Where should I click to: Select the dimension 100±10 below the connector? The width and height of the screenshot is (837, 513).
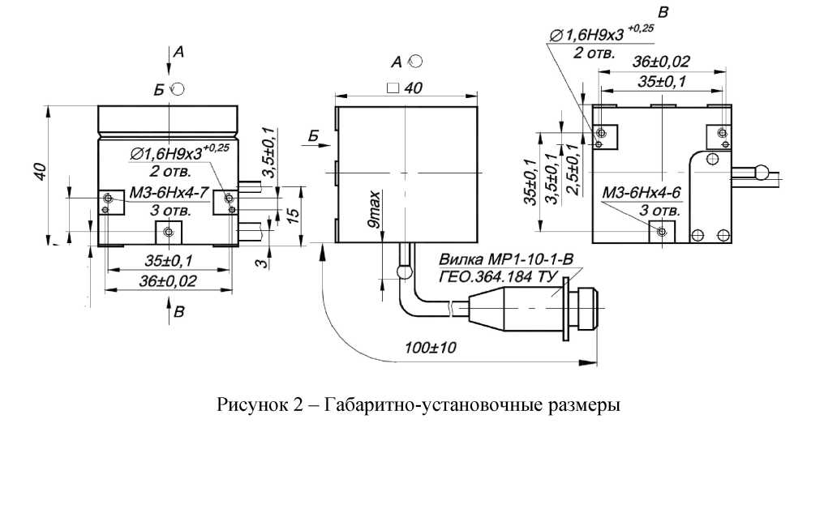pyautogui.click(x=430, y=348)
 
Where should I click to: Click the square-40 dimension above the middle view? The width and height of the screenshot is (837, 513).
pyautogui.click(x=406, y=89)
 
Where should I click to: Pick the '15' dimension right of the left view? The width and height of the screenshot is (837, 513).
pyautogui.click(x=295, y=215)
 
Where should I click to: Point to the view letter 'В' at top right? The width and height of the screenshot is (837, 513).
pyautogui.click(x=663, y=12)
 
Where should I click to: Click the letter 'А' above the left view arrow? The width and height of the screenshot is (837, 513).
pyautogui.click(x=179, y=52)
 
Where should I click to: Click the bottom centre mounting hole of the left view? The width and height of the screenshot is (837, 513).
pyautogui.click(x=168, y=233)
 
